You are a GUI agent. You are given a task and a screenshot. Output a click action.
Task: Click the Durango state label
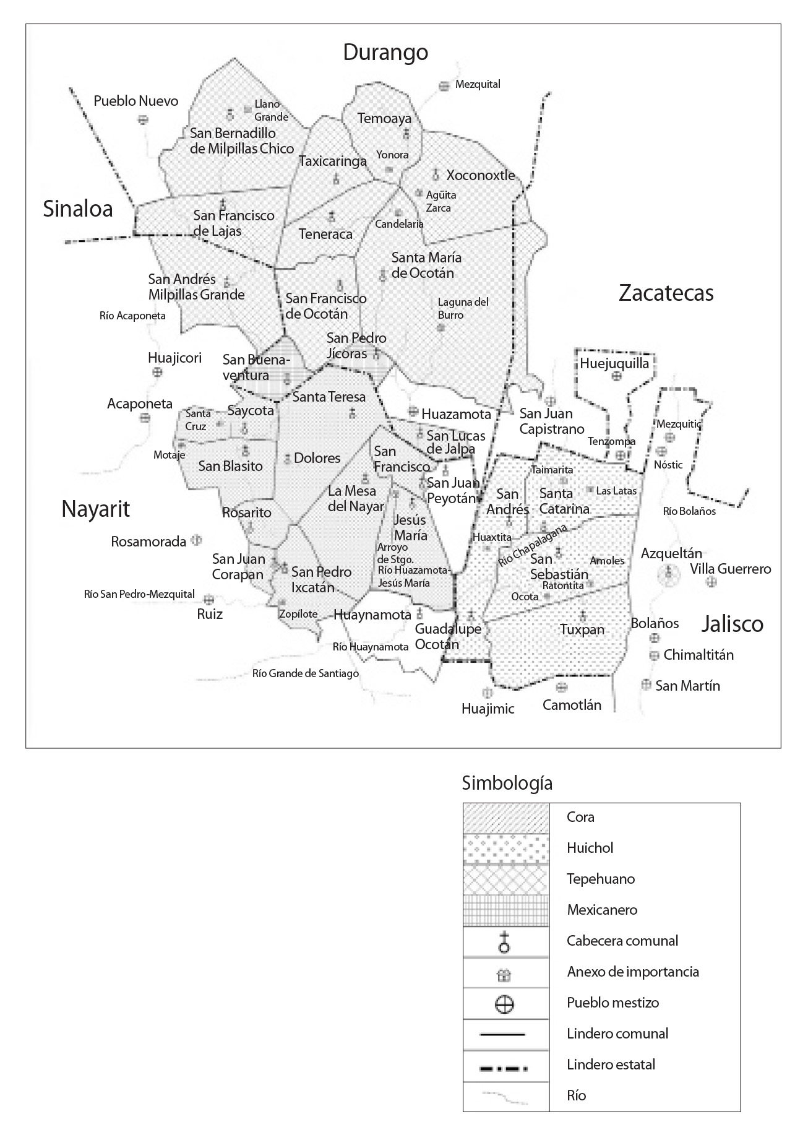(x=385, y=52)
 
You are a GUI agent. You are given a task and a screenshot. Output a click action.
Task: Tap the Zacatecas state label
(x=666, y=293)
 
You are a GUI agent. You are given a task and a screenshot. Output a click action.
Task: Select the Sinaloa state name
(x=78, y=209)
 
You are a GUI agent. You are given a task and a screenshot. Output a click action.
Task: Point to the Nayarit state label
(x=96, y=509)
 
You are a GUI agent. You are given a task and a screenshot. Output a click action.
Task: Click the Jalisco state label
(x=732, y=624)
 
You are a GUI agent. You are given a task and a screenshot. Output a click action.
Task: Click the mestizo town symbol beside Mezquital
(x=444, y=86)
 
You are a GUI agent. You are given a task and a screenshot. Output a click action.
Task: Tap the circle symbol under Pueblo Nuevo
(x=143, y=119)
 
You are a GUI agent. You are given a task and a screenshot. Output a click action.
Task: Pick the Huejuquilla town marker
(x=616, y=376)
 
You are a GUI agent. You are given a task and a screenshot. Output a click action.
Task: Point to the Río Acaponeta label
(x=132, y=316)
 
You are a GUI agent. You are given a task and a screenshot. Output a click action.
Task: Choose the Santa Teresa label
(x=329, y=397)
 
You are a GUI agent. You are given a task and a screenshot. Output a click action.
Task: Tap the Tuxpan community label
(x=582, y=629)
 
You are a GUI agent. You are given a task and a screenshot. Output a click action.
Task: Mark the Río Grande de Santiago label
(x=306, y=673)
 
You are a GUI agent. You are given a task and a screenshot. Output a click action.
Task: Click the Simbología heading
(x=507, y=784)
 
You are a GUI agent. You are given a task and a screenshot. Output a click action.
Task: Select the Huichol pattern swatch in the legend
(x=506, y=848)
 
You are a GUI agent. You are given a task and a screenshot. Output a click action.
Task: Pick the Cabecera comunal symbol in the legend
(x=505, y=941)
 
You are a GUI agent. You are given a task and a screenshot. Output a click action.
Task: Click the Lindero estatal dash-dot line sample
(x=506, y=1065)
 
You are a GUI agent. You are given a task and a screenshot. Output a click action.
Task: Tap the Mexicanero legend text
(x=601, y=910)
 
